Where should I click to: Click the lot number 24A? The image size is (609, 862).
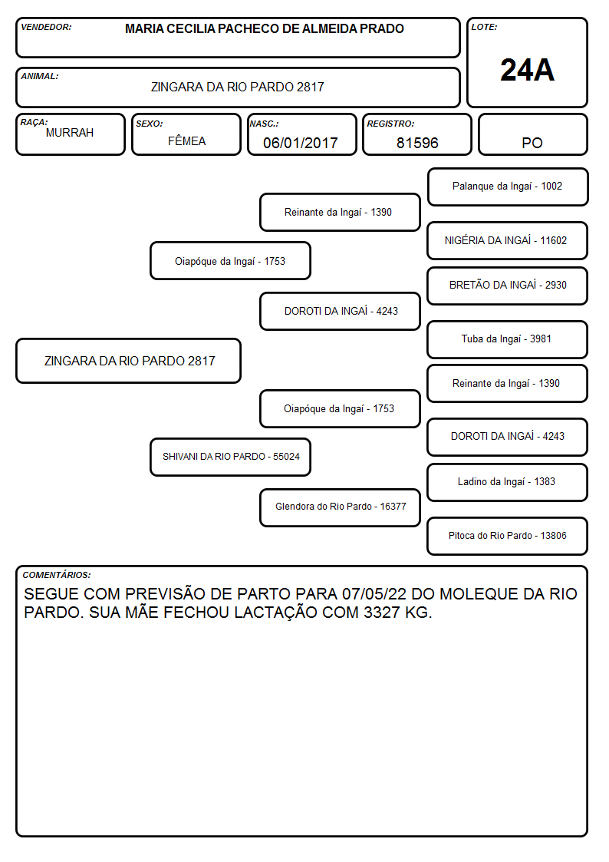527,71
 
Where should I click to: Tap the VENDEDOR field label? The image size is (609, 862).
46,27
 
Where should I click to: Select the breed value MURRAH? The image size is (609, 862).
70,133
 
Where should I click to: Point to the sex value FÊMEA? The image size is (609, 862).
186,141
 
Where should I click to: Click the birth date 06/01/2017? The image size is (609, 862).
301,143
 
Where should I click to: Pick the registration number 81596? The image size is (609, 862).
417,143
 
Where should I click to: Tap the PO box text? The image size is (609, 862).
532,143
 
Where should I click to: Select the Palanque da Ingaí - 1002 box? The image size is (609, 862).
508,187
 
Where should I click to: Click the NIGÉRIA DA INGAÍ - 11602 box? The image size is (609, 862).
507,240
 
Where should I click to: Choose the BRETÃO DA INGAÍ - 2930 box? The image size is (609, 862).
507,286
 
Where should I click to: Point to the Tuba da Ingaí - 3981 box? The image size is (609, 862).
507,339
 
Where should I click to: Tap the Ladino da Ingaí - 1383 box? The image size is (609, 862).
507,482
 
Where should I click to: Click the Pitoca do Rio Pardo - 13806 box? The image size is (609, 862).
507,536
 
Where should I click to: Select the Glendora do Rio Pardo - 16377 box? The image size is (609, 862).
340,507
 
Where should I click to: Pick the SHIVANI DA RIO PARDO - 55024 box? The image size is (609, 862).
230,457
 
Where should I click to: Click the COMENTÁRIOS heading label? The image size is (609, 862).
57,575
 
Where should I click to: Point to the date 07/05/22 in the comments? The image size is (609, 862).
374,594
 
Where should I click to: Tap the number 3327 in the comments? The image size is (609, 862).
382,613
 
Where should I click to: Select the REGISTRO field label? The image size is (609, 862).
390,124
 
